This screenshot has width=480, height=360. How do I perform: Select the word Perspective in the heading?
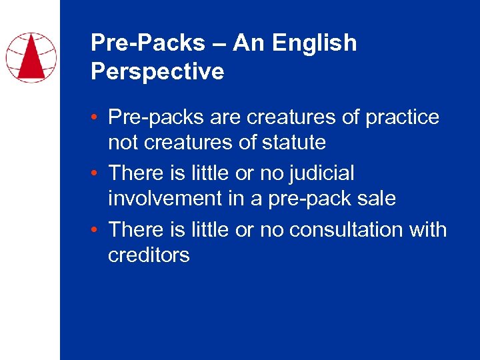[x=157, y=71]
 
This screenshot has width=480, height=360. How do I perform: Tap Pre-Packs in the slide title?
[x=148, y=43]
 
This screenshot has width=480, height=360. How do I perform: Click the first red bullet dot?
[x=97, y=118]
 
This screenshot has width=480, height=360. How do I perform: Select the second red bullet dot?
[x=97, y=174]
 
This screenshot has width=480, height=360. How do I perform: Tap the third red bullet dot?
[x=97, y=230]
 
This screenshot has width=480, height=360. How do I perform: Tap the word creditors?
[x=149, y=255]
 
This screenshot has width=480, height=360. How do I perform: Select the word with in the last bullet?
[x=428, y=229]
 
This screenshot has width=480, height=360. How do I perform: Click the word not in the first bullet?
[x=122, y=142]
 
